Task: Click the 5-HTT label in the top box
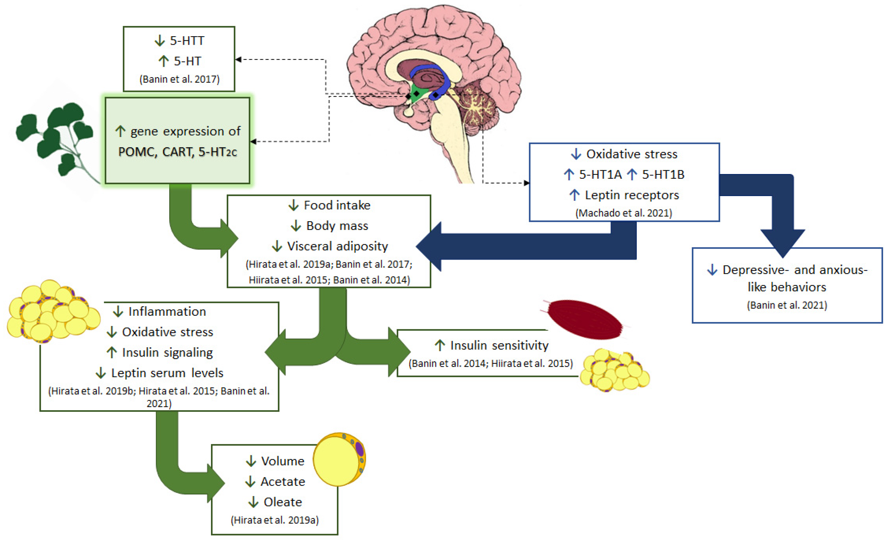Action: click(x=186, y=41)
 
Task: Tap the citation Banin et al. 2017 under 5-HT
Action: click(x=179, y=79)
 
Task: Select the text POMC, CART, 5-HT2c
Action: click(x=178, y=152)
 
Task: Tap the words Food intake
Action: click(x=337, y=205)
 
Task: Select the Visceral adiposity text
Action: click(x=337, y=246)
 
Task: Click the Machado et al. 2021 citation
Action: click(x=624, y=213)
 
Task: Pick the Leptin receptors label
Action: click(x=632, y=195)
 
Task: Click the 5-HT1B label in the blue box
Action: click(x=663, y=175)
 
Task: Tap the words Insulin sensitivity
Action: click(x=499, y=346)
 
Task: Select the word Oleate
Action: click(x=283, y=502)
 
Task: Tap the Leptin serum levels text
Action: click(x=167, y=373)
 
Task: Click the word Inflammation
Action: click(x=167, y=311)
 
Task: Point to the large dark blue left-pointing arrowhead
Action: click(x=430, y=247)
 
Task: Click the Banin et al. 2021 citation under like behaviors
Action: click(x=787, y=305)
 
